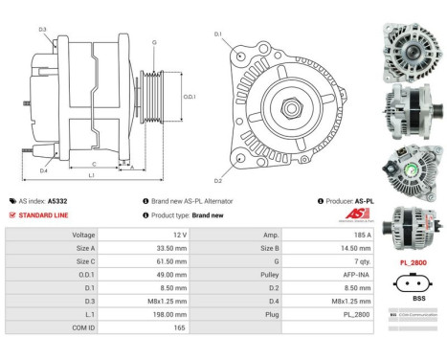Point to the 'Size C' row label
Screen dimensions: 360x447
click(83, 260)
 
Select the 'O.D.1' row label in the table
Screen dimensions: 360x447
click(83, 273)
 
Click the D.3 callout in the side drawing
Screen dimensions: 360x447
click(43, 30)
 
